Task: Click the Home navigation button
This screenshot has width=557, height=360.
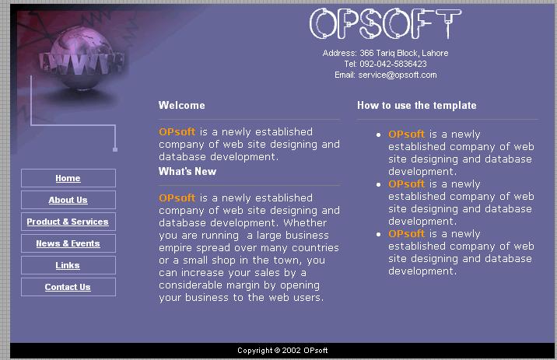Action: coord(68,178)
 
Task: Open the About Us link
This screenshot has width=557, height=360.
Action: coord(68,200)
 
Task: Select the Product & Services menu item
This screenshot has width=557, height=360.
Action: coord(68,222)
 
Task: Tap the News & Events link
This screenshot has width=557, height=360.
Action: coord(68,243)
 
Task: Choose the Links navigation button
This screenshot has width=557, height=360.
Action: coord(68,265)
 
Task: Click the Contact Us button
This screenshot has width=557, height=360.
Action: coord(68,287)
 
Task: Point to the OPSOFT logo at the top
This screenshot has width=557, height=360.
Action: coord(385,23)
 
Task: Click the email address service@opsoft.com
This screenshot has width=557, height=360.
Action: coord(398,75)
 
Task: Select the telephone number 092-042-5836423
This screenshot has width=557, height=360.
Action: coord(393,64)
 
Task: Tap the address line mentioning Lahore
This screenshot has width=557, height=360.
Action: coord(385,53)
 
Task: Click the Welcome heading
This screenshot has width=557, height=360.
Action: coord(181,105)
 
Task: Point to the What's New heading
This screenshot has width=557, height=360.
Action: coord(187,171)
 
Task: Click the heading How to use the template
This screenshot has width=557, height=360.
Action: coord(417,105)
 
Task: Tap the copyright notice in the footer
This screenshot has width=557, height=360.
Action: coord(282,351)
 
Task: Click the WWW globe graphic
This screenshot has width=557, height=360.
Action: coord(82,58)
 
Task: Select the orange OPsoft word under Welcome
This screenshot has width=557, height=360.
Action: coord(177,131)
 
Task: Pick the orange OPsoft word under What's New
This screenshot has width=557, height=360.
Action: coord(177,197)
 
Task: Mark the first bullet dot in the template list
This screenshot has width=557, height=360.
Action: coord(378,135)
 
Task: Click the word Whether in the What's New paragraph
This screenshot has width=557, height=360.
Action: coord(305,222)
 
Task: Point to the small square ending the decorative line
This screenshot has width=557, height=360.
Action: coord(115,149)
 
